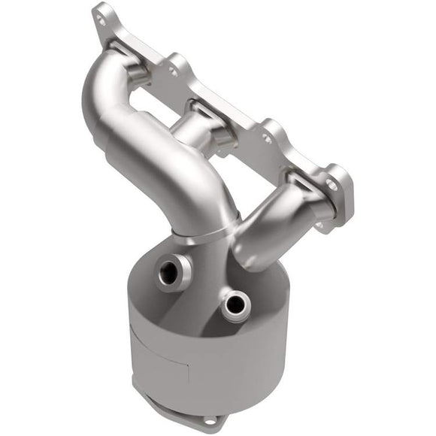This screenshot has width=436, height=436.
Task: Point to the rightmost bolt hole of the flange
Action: [x=331, y=183]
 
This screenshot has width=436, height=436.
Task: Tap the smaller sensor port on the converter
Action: [x=235, y=304]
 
